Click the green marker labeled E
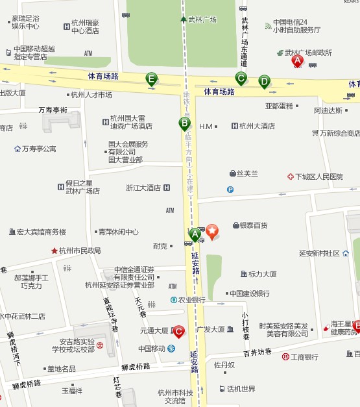click(x=151, y=79)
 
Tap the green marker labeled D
click(x=264, y=81)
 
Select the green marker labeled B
click(x=184, y=123)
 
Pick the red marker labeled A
click(x=298, y=61)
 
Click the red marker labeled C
click(x=178, y=331)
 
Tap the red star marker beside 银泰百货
click(x=212, y=229)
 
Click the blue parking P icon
click(x=230, y=190)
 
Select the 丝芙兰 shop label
click(x=247, y=173)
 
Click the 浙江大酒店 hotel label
click(x=143, y=188)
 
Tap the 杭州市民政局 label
click(x=80, y=251)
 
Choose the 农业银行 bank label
click(x=192, y=300)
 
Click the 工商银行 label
click(x=304, y=356)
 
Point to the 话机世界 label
click(x=241, y=389)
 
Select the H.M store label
click(x=206, y=126)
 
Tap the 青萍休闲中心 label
click(x=118, y=232)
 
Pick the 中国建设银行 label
click(x=249, y=293)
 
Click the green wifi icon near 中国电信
click(x=269, y=26)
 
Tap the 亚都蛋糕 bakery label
click(x=279, y=106)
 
